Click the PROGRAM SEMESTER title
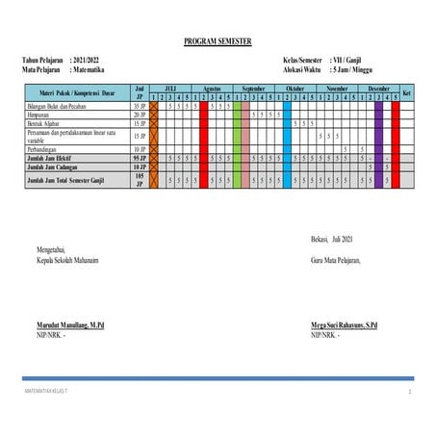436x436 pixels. (218, 42)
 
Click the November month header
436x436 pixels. (339, 88)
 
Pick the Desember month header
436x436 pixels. (378, 88)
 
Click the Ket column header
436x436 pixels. (407, 92)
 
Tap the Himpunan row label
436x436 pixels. (42, 115)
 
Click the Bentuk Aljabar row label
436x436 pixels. (47, 123)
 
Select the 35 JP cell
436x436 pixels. (140, 106)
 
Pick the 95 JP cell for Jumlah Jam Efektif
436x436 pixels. (140, 158)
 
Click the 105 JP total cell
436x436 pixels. (140, 179)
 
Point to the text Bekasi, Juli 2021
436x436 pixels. (333, 239)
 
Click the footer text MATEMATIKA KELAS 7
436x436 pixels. (47, 392)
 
